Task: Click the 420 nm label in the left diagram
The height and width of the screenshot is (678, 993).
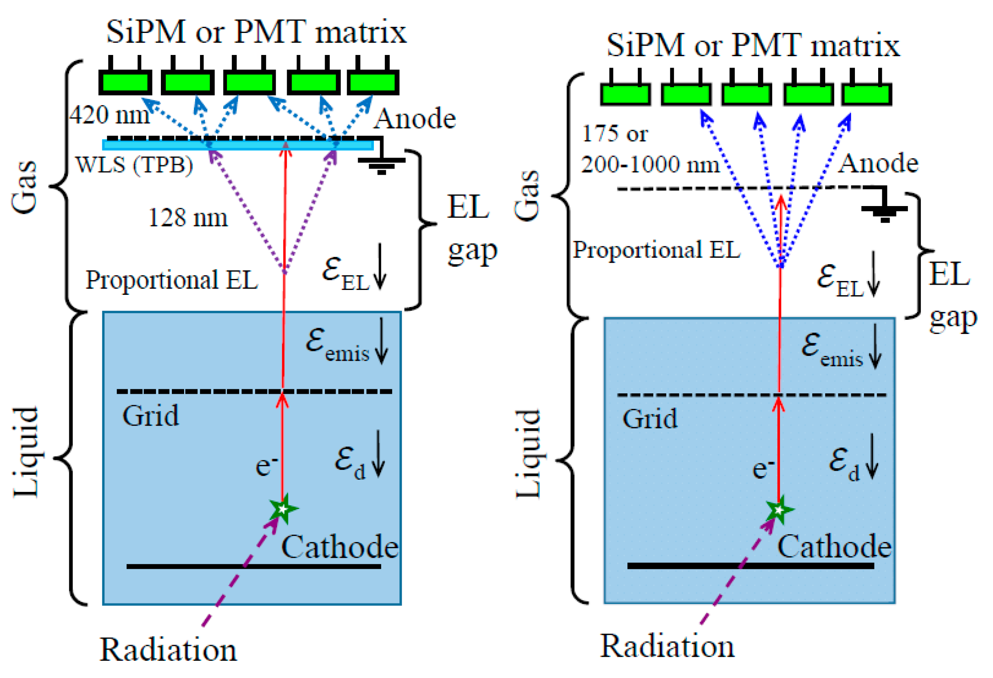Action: coord(110,115)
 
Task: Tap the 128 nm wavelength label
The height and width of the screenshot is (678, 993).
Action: coord(188,217)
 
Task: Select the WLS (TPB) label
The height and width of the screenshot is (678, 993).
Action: coord(134,165)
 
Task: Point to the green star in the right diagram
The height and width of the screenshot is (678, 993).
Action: coord(779,510)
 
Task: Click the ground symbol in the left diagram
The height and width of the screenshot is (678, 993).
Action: coord(382,165)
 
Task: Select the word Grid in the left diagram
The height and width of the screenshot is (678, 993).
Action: coord(150,416)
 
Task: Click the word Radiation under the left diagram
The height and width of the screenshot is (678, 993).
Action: coord(168,650)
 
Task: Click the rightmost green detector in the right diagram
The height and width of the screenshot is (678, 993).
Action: coord(866,94)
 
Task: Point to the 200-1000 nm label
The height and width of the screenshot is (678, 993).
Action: coord(650,164)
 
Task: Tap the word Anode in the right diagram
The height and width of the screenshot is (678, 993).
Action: coord(878,163)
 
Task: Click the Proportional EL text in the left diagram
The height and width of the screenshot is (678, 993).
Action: coord(172,280)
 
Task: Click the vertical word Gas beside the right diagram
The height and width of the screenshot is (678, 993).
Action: coord(527,196)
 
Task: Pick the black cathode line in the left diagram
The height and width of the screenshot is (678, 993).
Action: coord(253,566)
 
